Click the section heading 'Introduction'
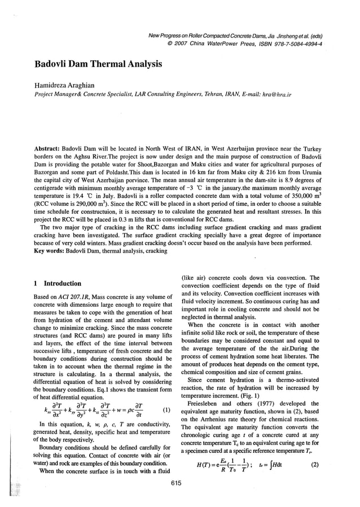click(63, 283)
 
